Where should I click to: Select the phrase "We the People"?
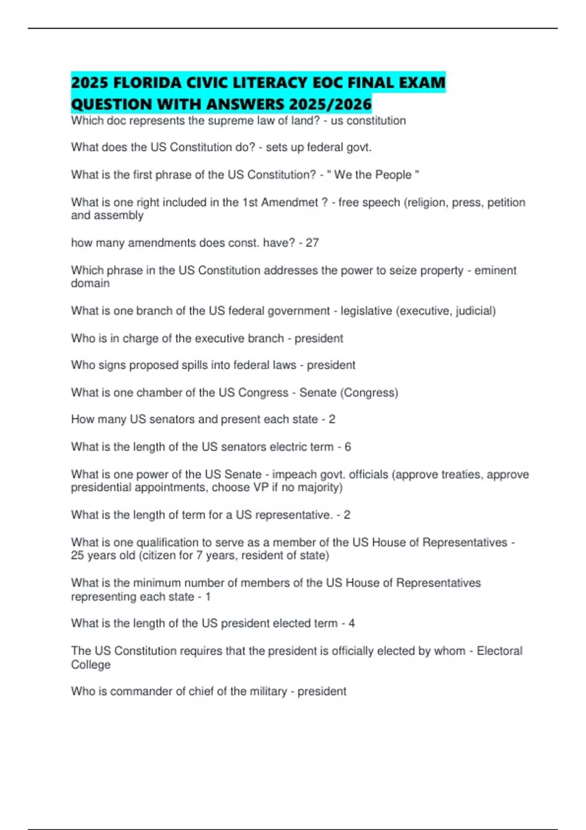pos(373,175)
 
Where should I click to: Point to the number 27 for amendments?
pos(312,243)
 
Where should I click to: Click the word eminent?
pos(495,270)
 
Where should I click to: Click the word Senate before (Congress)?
pos(318,393)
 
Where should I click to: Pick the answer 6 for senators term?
pos(348,447)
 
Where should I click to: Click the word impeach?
pos(294,475)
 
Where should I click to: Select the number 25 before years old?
pos(77,556)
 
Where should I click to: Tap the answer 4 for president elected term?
pos(352,623)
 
